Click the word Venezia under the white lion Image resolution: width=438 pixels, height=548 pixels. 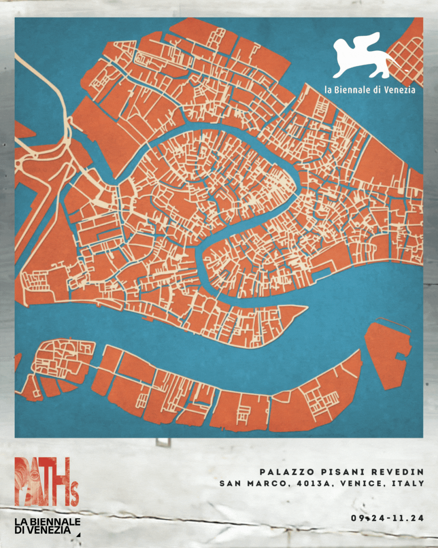399,90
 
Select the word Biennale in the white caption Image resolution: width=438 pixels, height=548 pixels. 352,90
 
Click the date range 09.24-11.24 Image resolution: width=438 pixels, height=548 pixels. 387,518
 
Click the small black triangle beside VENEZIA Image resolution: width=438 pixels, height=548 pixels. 78,535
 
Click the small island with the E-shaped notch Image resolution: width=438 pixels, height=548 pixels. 387,353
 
